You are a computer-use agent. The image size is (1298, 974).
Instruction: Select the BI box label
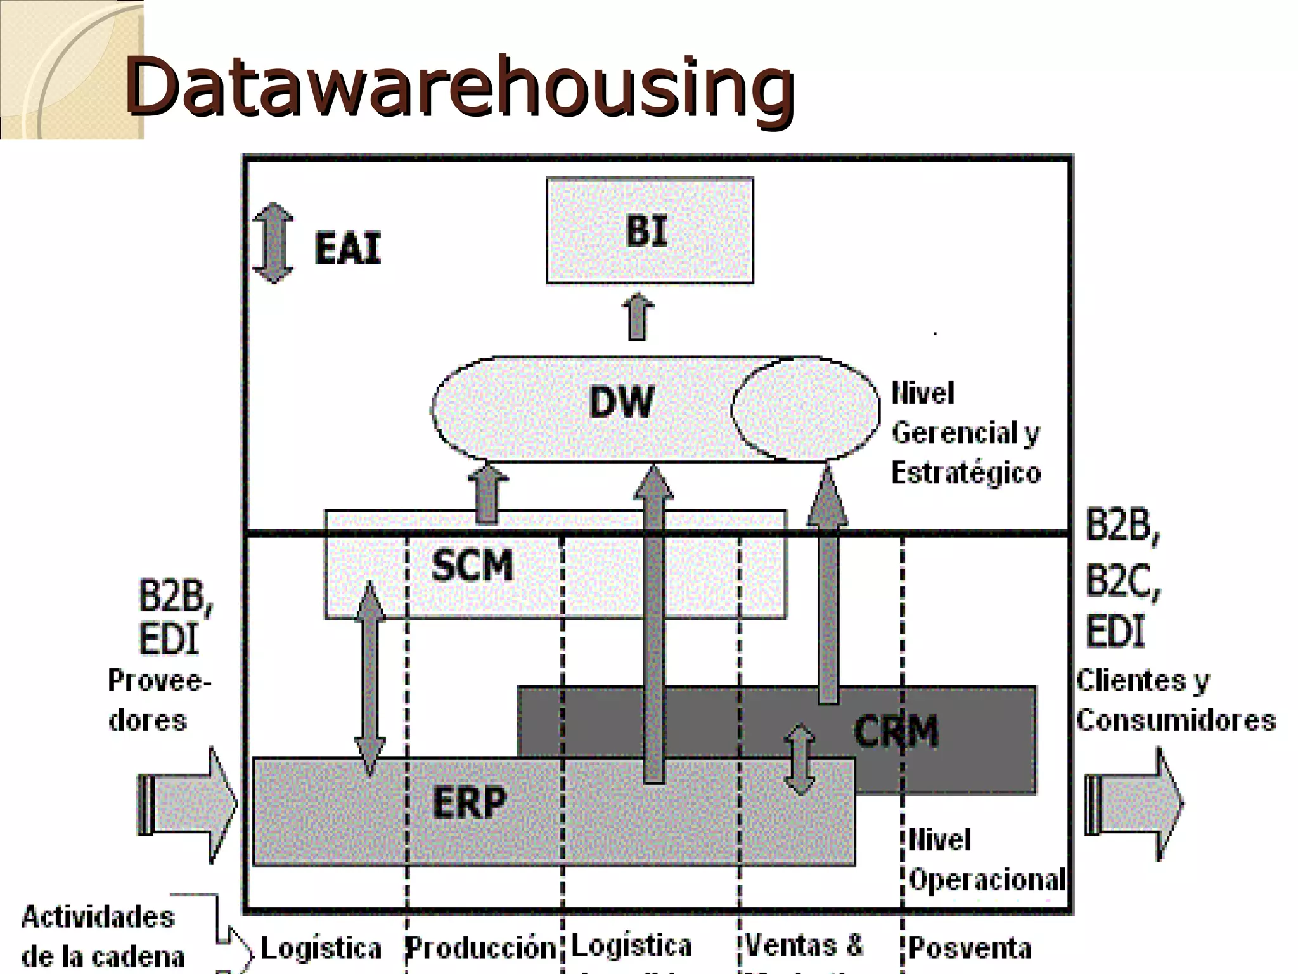(x=647, y=231)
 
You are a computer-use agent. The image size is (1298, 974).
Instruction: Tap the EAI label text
(x=347, y=248)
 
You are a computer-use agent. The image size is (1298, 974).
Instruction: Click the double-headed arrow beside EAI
(x=273, y=242)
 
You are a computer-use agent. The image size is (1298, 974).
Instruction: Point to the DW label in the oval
(x=621, y=402)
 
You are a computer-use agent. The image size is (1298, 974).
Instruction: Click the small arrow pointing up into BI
(x=638, y=317)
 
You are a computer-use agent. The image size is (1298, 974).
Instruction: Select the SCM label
(x=472, y=566)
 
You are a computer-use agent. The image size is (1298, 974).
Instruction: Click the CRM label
(x=896, y=731)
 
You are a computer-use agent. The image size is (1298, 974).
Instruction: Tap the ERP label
(x=470, y=802)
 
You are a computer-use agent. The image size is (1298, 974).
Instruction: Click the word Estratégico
(x=966, y=473)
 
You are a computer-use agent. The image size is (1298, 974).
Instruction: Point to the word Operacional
(x=987, y=880)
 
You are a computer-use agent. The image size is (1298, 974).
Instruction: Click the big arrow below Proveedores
(x=187, y=805)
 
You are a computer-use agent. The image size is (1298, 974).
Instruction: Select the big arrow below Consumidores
(x=1134, y=805)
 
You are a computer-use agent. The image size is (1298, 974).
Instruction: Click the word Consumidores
(x=1176, y=721)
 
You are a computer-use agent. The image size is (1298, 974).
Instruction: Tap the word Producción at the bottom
(x=480, y=948)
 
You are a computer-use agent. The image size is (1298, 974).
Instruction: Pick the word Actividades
(x=98, y=917)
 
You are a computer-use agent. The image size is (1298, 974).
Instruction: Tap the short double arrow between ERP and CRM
(x=800, y=760)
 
